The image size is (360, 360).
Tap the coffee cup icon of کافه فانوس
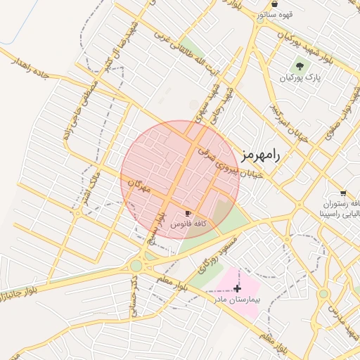point(188,212)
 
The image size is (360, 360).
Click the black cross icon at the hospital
point(237,288)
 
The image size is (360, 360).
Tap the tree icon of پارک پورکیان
point(300,66)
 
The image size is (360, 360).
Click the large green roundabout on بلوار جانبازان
point(136,266)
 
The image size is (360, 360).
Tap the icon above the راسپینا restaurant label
point(342,193)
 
